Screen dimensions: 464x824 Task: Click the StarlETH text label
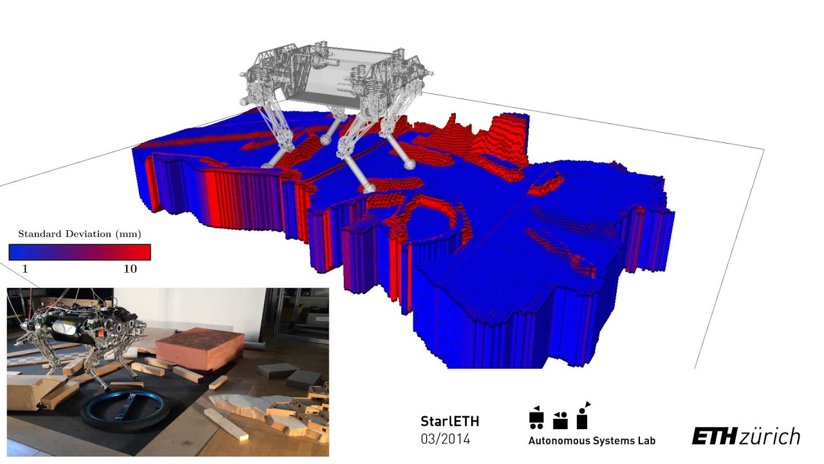pos(450,422)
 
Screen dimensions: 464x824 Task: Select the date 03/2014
pos(445,440)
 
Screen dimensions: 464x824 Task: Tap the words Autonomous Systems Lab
pos(592,441)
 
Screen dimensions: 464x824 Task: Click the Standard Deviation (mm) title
pos(79,234)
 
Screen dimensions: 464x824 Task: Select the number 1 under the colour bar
pos(26,269)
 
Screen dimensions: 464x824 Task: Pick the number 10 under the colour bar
pos(130,269)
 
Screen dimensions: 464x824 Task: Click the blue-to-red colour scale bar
pos(79,251)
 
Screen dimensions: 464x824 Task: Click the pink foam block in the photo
pos(200,348)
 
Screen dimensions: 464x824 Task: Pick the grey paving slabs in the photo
pos(283,374)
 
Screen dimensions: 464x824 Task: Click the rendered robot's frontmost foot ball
pos(368,188)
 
